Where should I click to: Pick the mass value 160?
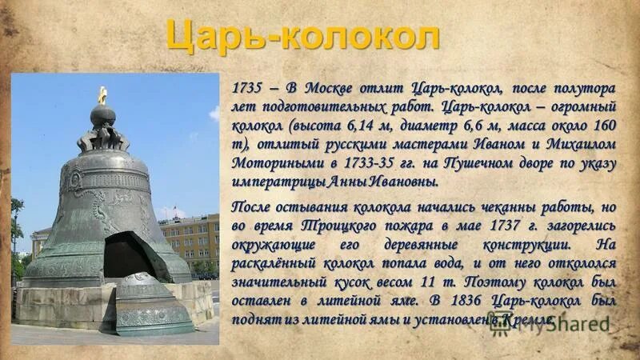click(606, 126)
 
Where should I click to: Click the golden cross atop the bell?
click(102, 94)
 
